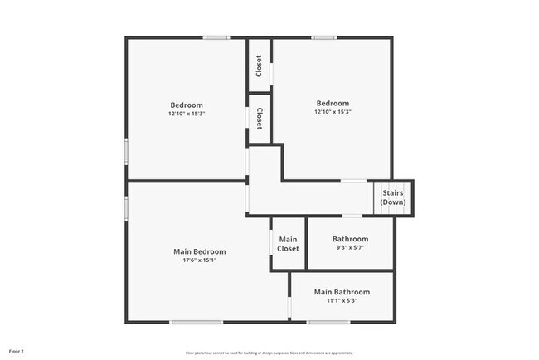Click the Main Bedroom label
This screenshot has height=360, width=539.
(x=199, y=251)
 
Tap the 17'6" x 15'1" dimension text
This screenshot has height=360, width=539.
(x=199, y=260)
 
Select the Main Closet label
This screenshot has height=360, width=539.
(x=288, y=244)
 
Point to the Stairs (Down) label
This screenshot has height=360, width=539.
(x=393, y=197)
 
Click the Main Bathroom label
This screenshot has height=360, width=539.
(x=342, y=292)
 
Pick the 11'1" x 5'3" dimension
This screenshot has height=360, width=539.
(x=342, y=301)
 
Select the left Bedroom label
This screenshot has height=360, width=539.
(x=187, y=105)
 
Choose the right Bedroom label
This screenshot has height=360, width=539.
(x=332, y=103)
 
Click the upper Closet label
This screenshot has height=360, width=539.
(x=260, y=65)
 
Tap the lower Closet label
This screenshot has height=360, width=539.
(x=260, y=118)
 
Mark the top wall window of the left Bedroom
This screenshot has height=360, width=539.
(x=217, y=37)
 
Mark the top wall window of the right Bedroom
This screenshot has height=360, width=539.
(x=324, y=37)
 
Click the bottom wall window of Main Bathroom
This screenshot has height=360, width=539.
(x=328, y=322)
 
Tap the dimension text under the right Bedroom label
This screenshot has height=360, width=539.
(x=332, y=112)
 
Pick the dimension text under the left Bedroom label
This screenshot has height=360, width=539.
(x=187, y=114)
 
